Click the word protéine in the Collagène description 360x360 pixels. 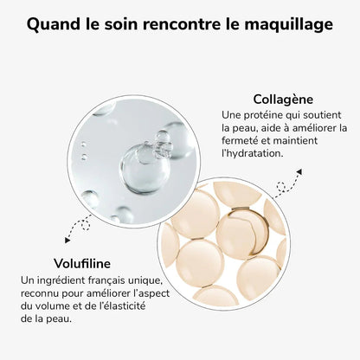(262, 114)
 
